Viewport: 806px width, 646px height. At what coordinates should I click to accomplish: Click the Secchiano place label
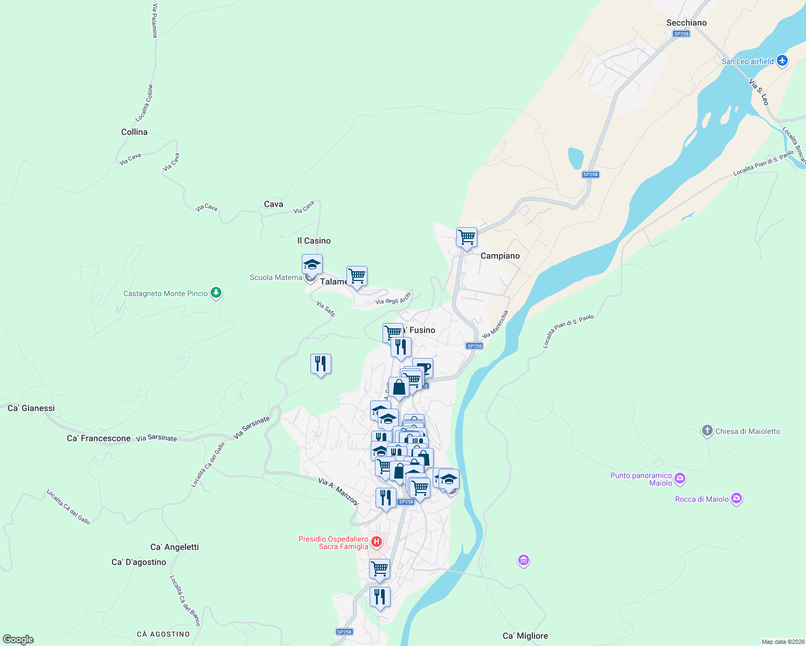coord(686,23)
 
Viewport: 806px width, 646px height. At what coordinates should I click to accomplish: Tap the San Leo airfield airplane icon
coord(783,61)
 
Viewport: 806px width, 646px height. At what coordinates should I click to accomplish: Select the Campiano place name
coord(500,256)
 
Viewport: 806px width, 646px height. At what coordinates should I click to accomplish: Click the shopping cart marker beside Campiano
coord(467,237)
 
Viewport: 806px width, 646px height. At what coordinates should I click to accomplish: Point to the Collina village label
coord(134,132)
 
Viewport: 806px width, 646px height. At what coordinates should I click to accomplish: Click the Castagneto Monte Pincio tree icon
coord(216,293)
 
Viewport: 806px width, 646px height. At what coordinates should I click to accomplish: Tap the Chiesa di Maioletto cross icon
coord(707,431)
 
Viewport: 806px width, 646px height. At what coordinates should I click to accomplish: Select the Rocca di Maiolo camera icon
coord(736,498)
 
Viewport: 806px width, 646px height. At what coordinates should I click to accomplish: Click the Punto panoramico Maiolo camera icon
coord(680,478)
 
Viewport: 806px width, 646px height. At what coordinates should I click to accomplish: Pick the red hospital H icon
coord(377,542)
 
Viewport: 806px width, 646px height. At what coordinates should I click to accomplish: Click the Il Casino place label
coord(314,241)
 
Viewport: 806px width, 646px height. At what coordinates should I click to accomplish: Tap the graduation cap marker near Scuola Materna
coord(312,264)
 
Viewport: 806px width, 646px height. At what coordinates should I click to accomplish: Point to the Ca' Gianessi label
coord(31,408)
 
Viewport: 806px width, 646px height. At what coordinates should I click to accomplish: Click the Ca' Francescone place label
coord(99,438)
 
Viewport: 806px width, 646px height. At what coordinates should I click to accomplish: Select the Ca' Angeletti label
coord(175,547)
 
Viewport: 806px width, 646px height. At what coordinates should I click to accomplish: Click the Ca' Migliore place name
coord(525,636)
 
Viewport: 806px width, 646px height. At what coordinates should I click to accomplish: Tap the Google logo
coord(18,640)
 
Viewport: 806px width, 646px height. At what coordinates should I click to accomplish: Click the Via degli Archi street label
coord(393,299)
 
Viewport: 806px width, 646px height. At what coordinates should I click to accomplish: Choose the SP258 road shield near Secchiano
coord(681,34)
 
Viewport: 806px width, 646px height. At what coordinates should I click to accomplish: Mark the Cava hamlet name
coord(274,204)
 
